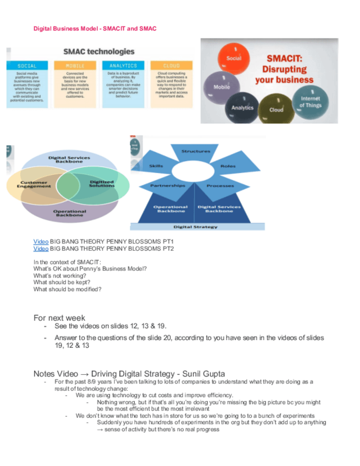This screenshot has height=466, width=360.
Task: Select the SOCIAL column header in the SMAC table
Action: [x=27, y=65]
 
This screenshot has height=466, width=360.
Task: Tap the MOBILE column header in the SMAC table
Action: [x=75, y=65]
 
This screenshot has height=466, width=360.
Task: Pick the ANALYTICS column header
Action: [x=123, y=65]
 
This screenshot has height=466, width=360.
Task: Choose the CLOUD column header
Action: [x=171, y=65]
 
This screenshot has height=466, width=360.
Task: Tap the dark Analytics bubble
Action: [x=242, y=107]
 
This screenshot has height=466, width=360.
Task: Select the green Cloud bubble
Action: [x=276, y=108]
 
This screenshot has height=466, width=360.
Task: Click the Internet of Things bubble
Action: [x=310, y=102]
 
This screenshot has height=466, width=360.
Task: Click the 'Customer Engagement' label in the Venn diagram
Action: [x=34, y=185]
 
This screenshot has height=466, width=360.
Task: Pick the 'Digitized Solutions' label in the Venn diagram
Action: [x=102, y=184]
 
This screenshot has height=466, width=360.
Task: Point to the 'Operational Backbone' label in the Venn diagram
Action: [x=69, y=213]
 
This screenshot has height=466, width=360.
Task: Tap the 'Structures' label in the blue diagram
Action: [x=196, y=151]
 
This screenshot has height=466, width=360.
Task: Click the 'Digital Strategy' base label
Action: [x=196, y=226]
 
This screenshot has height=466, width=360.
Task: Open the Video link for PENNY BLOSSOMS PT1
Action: [x=41, y=241]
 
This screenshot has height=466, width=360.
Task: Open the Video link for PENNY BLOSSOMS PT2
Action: [x=41, y=248]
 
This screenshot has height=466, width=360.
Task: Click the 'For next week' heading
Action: [x=59, y=318]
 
